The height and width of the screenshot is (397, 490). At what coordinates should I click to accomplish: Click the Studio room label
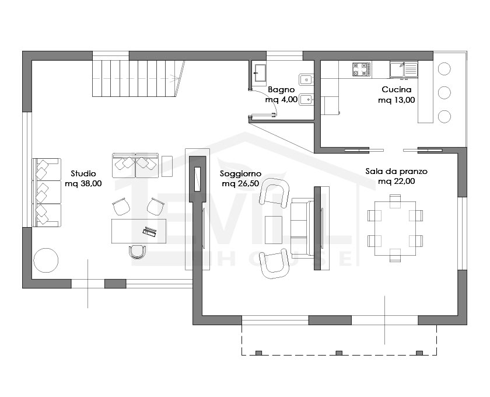(83, 173)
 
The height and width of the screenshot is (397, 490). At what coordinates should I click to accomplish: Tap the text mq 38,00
(83, 184)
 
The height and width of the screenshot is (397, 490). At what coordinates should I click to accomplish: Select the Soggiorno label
(240, 174)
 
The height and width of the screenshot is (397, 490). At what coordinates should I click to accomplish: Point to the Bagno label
(281, 90)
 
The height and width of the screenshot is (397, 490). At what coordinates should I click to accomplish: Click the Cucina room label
(397, 89)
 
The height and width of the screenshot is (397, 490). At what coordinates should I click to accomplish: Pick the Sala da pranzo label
(396, 172)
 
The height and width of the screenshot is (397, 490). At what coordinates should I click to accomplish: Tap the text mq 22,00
(396, 182)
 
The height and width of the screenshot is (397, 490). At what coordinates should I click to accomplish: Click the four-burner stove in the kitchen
(362, 69)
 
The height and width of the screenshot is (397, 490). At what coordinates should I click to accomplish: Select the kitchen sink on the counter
(404, 69)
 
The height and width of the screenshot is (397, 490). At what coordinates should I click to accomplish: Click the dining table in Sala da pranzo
(395, 229)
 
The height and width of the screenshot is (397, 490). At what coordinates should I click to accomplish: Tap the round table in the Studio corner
(46, 260)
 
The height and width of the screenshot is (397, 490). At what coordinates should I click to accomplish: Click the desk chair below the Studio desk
(138, 252)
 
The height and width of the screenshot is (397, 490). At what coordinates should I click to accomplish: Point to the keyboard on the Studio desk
(150, 231)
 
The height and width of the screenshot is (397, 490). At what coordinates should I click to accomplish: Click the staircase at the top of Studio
(138, 78)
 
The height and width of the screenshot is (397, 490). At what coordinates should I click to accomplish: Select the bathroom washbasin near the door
(260, 72)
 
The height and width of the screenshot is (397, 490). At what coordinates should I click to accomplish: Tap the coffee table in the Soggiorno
(274, 229)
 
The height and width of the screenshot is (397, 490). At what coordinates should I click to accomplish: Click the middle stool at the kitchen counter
(444, 93)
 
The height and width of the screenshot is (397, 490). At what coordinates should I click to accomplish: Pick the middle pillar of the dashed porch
(339, 353)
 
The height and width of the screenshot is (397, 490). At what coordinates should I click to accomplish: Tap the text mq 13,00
(397, 100)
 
